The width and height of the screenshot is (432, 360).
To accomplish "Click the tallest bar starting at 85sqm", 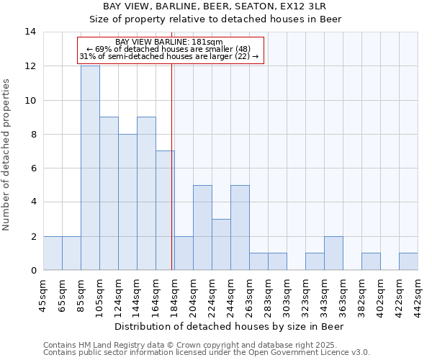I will pos(90,168).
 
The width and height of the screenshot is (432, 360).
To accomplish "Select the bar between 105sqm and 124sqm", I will pos(109,194).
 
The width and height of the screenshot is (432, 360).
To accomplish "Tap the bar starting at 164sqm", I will pos(165,210).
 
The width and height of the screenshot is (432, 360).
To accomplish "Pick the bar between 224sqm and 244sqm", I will pos(221,245).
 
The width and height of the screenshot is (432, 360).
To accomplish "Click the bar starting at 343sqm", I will pos(333,253).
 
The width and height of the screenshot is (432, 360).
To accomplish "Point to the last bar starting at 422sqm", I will pos(408,262).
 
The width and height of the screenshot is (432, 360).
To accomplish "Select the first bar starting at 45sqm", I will pos(53,253).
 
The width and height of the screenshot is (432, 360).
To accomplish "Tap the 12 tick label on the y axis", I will pos(30,66).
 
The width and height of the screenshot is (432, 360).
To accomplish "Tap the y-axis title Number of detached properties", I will pos(7,155).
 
